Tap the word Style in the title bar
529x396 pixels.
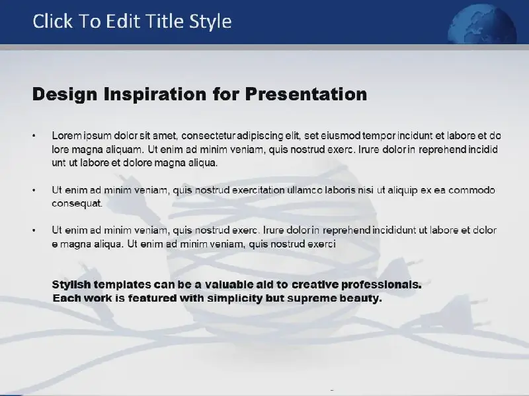tap(210, 22)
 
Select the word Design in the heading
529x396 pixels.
tap(65, 94)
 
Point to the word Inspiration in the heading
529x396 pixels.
tap(155, 94)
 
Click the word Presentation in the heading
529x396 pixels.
tap(306, 94)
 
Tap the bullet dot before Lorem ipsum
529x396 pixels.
tap(34, 136)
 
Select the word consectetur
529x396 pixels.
tap(208, 136)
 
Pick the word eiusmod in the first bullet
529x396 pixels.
tap(341, 136)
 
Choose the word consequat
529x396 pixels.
tap(77, 203)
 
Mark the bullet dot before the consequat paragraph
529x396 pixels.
tap(34, 190)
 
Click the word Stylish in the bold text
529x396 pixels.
tap(71, 285)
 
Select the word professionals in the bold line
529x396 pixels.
tap(382, 285)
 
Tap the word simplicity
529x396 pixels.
tap(234, 298)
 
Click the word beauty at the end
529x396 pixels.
tap(360, 298)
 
